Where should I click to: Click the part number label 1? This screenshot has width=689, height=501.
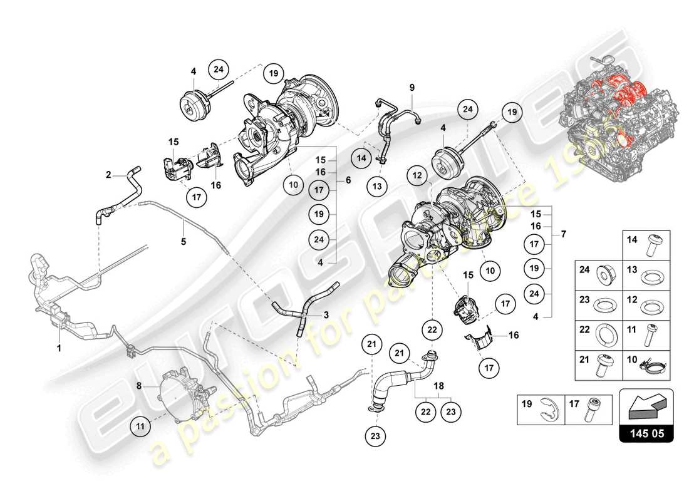tap(59, 347)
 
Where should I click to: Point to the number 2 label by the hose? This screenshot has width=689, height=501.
tap(108, 175)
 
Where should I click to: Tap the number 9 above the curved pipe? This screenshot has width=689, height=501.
tap(413, 87)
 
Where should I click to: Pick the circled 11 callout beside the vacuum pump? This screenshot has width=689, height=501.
tap(142, 426)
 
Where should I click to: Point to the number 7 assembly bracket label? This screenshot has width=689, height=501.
tap(564, 234)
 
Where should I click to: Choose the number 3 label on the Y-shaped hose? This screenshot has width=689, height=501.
tap(326, 316)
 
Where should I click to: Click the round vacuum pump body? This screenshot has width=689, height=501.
tap(172, 393)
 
